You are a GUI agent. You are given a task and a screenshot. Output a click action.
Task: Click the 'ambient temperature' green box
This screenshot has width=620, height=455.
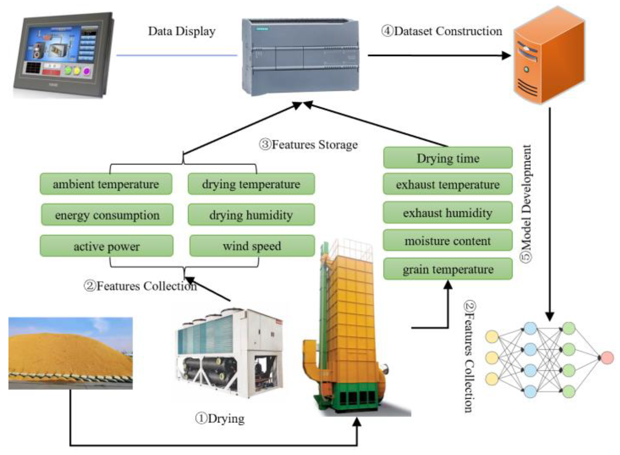106,184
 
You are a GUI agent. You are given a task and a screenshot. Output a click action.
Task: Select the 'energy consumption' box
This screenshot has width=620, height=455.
107,215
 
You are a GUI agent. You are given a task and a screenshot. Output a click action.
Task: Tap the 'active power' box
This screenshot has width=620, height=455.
106,246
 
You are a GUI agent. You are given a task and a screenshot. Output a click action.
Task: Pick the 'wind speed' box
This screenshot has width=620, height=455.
252,246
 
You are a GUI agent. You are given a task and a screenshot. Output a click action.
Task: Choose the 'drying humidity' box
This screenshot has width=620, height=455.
251,215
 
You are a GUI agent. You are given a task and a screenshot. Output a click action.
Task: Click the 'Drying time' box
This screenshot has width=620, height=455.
448,158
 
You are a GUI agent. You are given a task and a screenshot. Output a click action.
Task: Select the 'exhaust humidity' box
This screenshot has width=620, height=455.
448,212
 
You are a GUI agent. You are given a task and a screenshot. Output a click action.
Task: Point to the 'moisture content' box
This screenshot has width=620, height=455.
448,240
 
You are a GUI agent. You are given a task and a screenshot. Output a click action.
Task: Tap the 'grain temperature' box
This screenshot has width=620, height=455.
448,269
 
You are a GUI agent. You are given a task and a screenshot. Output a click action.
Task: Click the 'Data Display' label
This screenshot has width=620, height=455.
182,31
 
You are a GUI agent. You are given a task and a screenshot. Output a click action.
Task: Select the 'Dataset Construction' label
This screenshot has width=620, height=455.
442,31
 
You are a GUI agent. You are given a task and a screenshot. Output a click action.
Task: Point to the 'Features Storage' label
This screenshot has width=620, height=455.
308,145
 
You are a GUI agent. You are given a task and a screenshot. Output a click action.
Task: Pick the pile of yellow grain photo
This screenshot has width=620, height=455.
70,353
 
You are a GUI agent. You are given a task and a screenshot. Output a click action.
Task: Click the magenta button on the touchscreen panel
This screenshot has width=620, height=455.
86,71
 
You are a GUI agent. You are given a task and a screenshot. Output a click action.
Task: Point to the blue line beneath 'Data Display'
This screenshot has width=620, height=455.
177,55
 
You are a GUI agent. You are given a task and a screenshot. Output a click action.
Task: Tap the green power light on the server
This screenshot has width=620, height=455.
526,69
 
